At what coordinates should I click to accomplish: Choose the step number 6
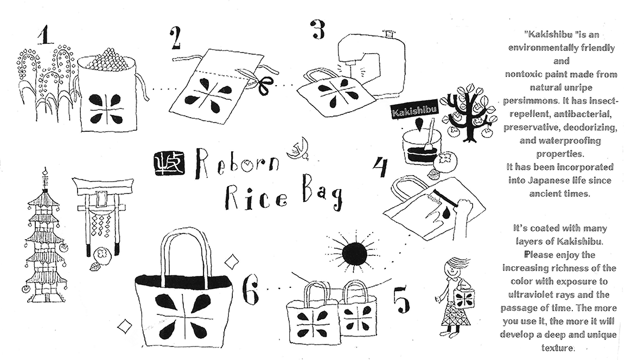[251, 291]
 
